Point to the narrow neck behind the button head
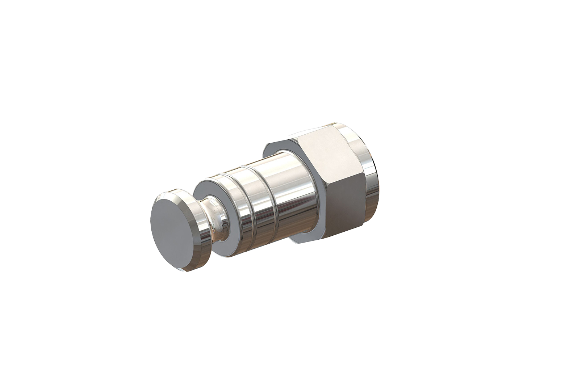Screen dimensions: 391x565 coord(215,219)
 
